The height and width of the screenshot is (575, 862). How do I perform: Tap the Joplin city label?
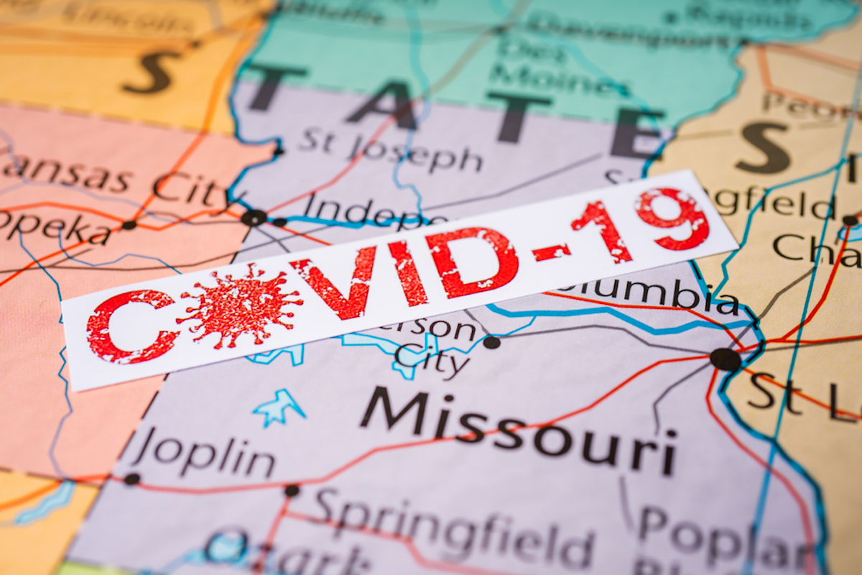click(x=205, y=452)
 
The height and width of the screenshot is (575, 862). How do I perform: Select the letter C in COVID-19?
click(x=130, y=326)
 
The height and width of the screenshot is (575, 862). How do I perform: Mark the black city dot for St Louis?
click(x=725, y=359)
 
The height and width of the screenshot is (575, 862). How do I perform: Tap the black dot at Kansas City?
click(x=254, y=218)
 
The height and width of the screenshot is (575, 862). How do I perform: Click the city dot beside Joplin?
click(x=131, y=479)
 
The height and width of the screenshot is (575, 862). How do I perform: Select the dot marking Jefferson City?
click(x=491, y=342)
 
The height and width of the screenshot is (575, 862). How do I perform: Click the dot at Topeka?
click(x=129, y=225)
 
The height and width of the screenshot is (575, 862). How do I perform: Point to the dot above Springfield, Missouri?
click(x=292, y=491)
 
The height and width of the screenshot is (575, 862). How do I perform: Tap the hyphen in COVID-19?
click(x=552, y=252)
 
